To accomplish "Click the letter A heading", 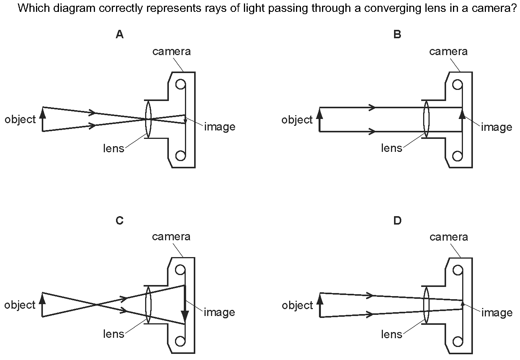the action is click(119, 34).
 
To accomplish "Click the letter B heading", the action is click(397, 34).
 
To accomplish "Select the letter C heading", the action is click(119, 221).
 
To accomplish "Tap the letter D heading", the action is click(397, 221).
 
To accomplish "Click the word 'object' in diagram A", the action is click(20, 120).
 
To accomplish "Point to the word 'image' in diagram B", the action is click(497, 127).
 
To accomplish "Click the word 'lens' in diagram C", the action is click(114, 334).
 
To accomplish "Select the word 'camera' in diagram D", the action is click(449, 237).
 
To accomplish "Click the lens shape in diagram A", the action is click(148, 119).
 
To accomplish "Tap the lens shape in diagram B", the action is click(426, 119).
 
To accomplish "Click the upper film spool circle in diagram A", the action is click(181, 85).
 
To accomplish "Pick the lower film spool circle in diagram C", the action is click(180, 341).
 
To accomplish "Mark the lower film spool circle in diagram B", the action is click(457, 156).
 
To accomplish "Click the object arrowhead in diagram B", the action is click(320, 114).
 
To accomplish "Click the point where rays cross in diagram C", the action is click(96, 305).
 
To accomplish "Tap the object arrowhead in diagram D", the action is click(320, 299).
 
